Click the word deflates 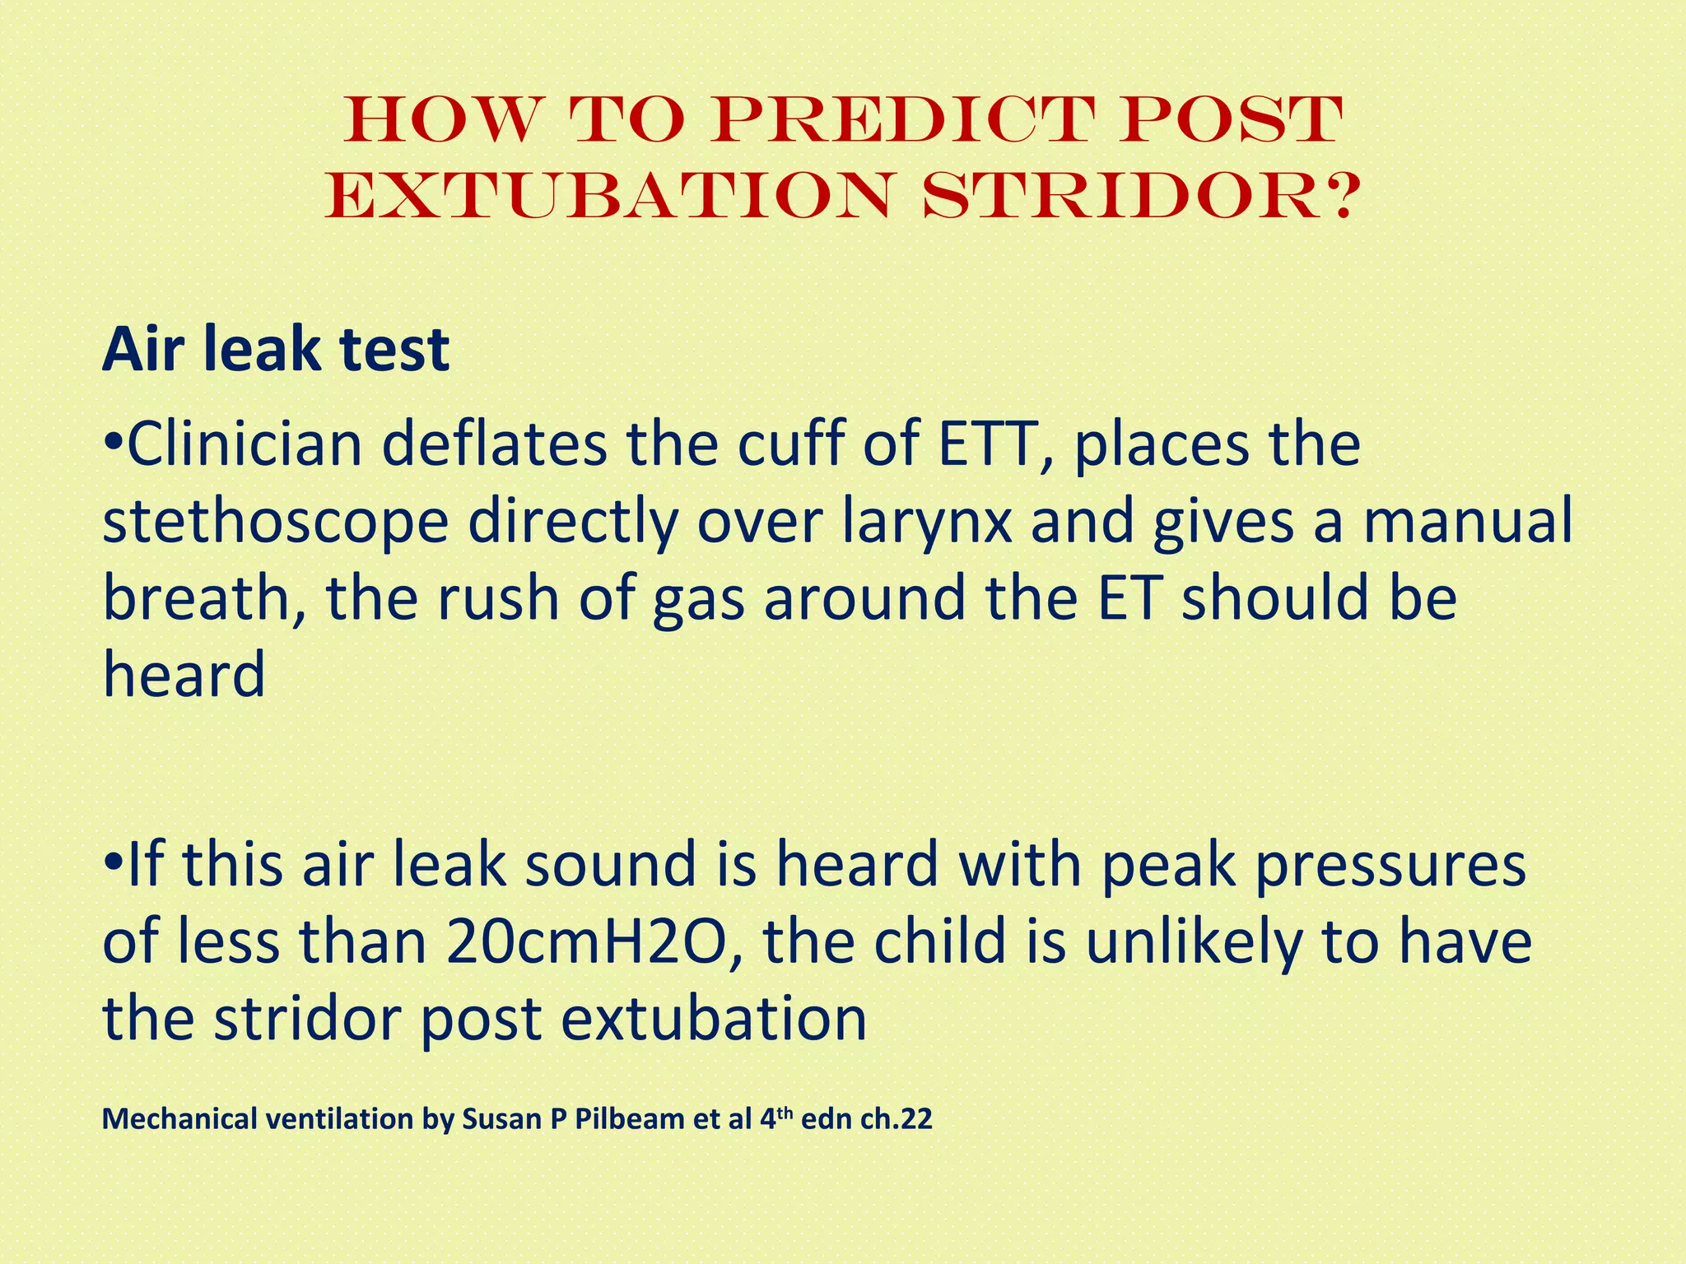[x=493, y=445]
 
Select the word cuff [x=789, y=445]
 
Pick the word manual [x=1468, y=522]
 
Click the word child [x=939, y=942]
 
